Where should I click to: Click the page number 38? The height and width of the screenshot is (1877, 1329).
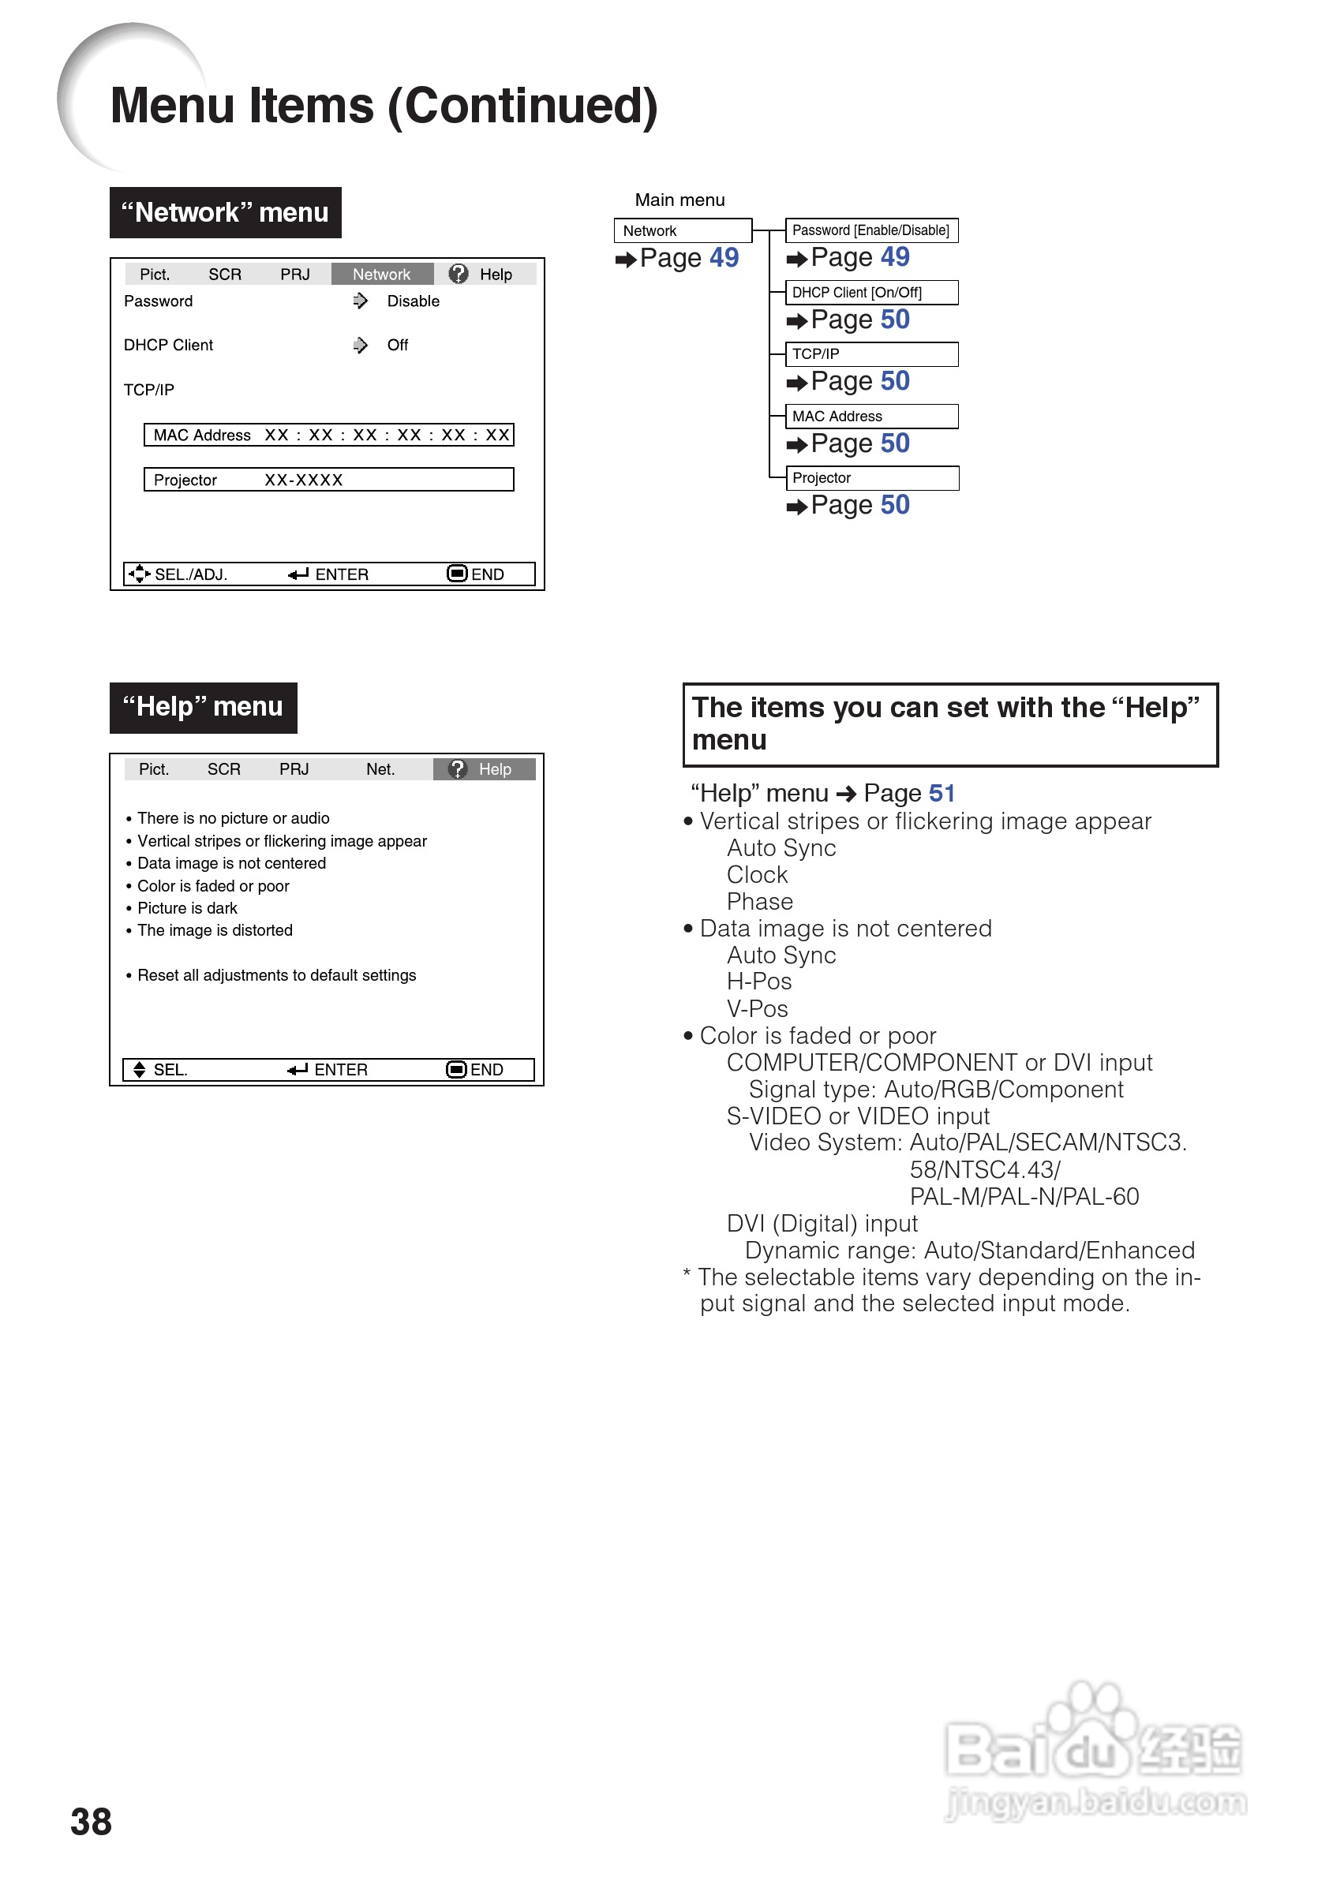[x=91, y=1821]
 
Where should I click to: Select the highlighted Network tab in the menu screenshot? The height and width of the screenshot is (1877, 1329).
[x=382, y=274]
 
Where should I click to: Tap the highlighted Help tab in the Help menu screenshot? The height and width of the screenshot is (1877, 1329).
[x=485, y=769]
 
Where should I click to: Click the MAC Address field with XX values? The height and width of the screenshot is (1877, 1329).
[x=329, y=436]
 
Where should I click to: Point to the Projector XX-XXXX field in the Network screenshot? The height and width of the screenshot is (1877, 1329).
[x=329, y=480]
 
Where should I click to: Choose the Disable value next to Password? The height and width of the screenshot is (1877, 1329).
[x=414, y=301]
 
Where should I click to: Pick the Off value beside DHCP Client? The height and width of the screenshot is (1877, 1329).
[x=398, y=346]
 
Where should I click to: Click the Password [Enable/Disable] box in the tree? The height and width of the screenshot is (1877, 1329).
[x=870, y=230]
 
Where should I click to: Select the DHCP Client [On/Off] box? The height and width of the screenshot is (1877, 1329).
[x=870, y=293]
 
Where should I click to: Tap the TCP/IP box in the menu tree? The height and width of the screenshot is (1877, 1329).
[x=870, y=354]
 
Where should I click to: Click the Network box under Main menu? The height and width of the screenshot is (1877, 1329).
[x=683, y=230]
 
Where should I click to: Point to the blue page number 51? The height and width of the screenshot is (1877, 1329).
[x=942, y=793]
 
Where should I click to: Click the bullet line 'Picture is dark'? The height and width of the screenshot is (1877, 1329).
[x=187, y=908]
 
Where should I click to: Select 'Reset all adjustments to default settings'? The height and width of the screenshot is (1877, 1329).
[x=276, y=975]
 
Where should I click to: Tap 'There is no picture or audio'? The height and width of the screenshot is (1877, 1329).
[x=234, y=818]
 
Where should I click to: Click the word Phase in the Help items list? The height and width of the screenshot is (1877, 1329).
[x=760, y=902]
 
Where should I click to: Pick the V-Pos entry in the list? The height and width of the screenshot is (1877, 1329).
[x=758, y=1009]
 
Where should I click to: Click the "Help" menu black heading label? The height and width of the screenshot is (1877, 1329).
[x=203, y=707]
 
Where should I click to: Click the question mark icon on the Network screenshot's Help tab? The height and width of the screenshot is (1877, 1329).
[x=459, y=273]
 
